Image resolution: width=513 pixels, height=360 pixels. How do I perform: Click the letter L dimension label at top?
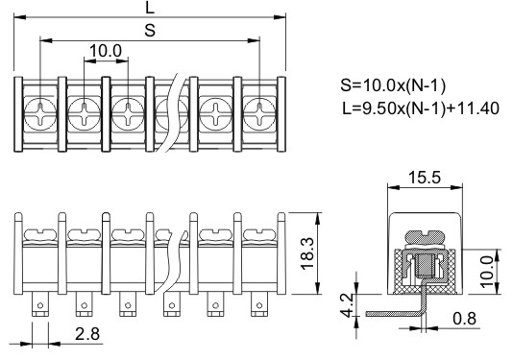coord(150,7)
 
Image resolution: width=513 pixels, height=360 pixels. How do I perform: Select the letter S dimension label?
coord(150,30)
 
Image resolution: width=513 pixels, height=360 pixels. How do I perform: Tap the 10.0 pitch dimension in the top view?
coord(106,51)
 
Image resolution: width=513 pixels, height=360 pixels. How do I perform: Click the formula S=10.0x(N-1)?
coord(393,85)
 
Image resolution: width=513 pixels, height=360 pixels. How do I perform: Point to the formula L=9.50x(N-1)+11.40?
coord(421,108)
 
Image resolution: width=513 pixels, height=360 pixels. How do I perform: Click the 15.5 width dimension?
coord(425,178)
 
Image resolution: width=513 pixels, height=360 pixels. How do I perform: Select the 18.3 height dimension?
coord(307,253)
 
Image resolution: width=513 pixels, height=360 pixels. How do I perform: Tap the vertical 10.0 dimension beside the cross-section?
coord(487,272)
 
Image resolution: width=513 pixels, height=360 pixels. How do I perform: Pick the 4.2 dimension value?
coord(347,305)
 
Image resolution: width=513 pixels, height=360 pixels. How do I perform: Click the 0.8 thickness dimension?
coord(465,318)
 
